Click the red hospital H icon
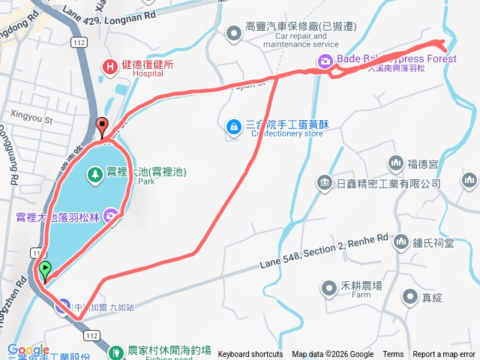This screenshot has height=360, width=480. (111, 66)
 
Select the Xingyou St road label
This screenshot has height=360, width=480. (33, 118)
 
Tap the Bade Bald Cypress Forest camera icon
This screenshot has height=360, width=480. (327, 64)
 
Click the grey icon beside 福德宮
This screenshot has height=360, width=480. (395, 163)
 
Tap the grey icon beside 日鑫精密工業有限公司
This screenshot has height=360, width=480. (324, 182)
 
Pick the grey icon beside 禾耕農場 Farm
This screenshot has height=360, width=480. (329, 286)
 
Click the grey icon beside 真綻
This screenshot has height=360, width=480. (408, 297)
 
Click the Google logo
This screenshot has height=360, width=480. (28, 350)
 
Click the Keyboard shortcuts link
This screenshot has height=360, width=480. (250, 355)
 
